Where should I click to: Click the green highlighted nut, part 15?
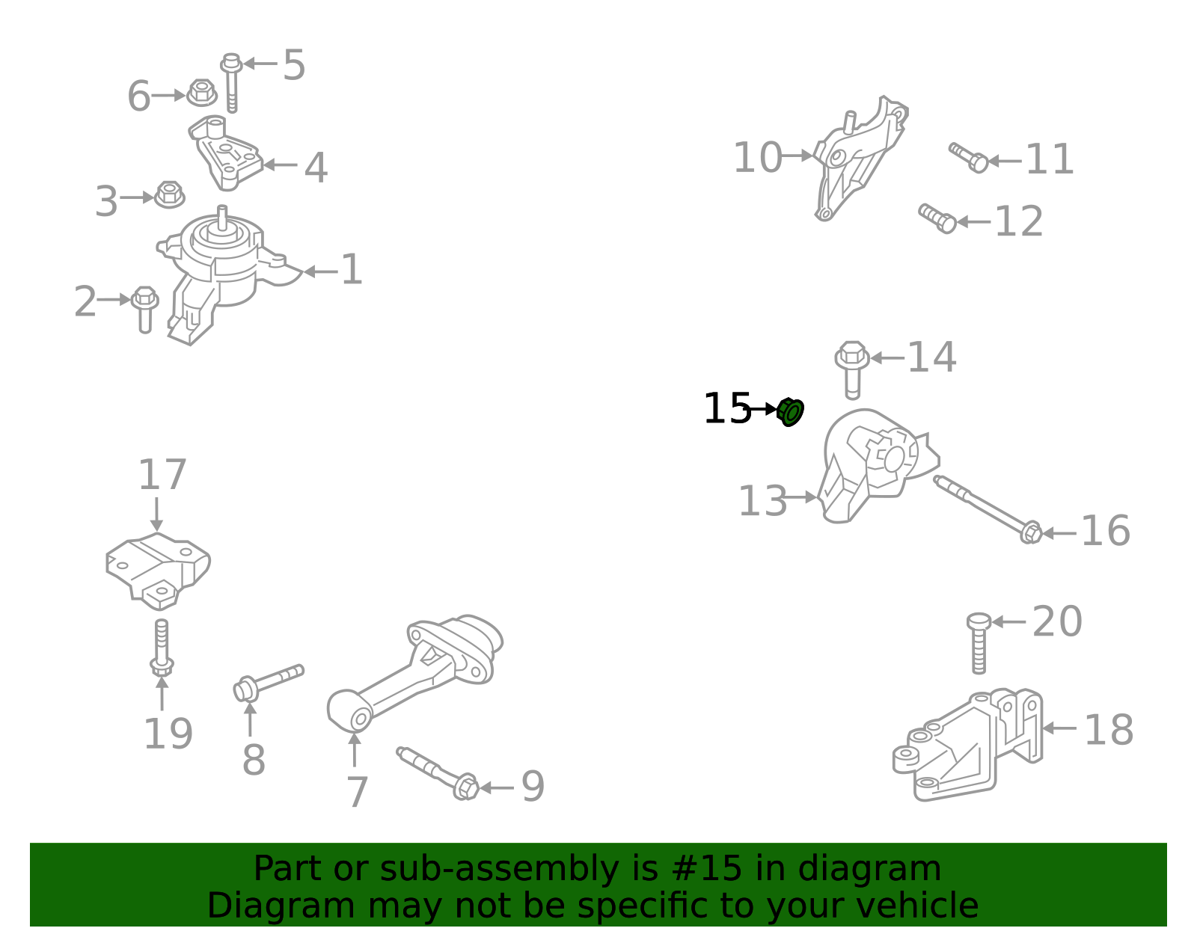[x=790, y=412]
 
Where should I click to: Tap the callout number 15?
[x=727, y=409]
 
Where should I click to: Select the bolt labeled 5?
[x=231, y=83]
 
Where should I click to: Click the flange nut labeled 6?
[x=201, y=93]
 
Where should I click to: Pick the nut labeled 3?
[x=170, y=195]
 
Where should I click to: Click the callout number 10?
[x=757, y=158]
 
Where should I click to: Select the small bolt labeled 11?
[x=968, y=157]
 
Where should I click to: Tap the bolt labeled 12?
[x=937, y=218]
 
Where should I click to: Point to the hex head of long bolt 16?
[x=1031, y=532]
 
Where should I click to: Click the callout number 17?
[x=162, y=475]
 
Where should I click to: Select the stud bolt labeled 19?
[x=162, y=648]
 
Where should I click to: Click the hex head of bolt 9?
[x=466, y=787]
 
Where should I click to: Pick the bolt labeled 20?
[x=979, y=643]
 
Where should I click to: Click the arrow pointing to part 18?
[x=1059, y=728]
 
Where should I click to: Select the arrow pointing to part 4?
[x=280, y=165]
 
